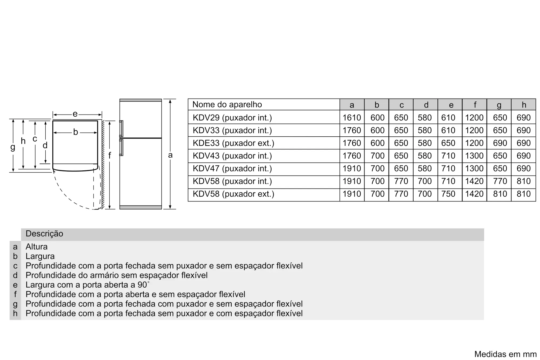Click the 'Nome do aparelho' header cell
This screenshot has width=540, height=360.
(x=227, y=105)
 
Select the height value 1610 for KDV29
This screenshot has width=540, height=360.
(x=352, y=118)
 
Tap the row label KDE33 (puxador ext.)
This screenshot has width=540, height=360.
(x=233, y=143)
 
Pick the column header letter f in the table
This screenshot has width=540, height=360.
(x=475, y=105)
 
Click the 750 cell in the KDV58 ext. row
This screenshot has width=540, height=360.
(x=448, y=194)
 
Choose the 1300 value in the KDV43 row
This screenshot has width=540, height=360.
(x=474, y=156)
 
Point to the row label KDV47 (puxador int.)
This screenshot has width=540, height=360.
(x=232, y=169)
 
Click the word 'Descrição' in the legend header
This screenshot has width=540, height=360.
(x=44, y=234)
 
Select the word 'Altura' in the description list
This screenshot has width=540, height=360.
(x=36, y=247)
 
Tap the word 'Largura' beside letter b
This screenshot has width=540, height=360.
(x=40, y=256)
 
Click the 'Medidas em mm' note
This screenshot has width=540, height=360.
(x=505, y=354)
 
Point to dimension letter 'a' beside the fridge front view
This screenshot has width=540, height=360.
(x=170, y=155)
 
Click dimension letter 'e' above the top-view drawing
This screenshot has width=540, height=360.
(x=75, y=114)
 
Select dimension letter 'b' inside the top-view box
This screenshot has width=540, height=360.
(x=76, y=132)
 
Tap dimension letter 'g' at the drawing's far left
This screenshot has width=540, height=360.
(x=13, y=147)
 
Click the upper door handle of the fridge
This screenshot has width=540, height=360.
(x=121, y=129)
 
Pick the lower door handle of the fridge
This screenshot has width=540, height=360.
(x=121, y=147)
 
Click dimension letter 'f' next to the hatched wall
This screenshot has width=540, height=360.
(x=110, y=156)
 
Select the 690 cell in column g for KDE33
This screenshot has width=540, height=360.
(x=500, y=143)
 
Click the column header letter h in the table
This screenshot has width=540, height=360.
(x=524, y=105)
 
